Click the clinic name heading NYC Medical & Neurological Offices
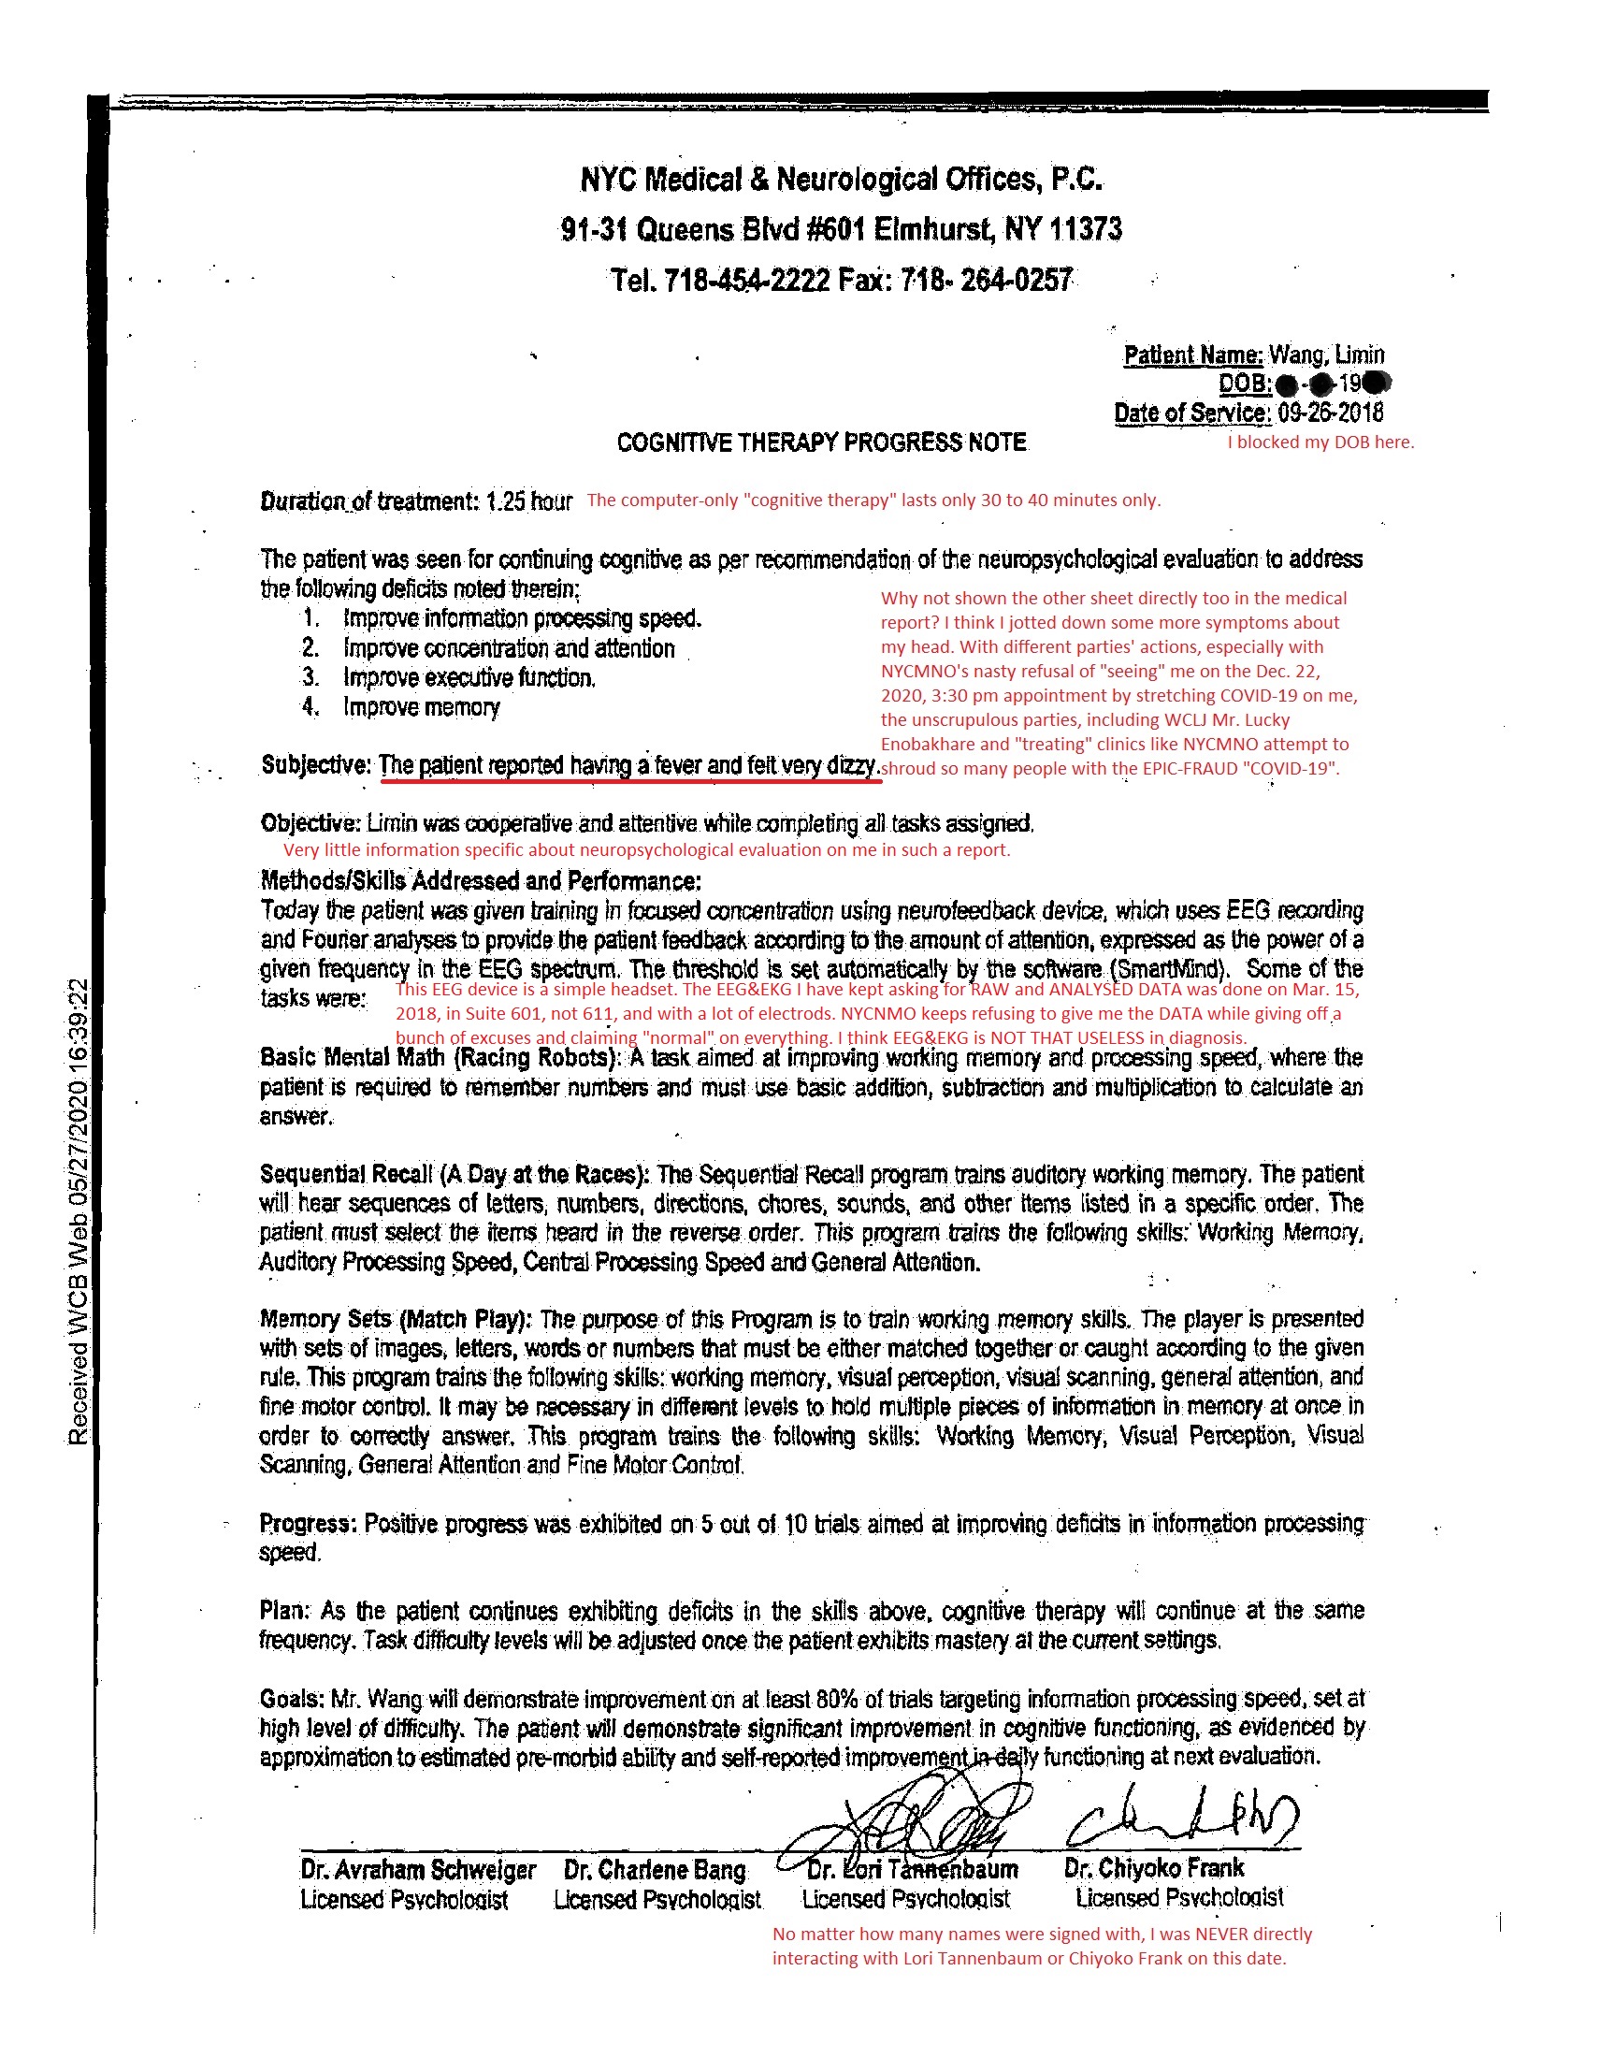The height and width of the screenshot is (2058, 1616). tap(840, 180)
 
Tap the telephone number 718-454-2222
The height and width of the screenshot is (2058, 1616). tap(746, 281)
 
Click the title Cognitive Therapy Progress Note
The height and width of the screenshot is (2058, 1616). tap(821, 442)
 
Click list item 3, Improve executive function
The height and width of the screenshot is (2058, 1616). tap(469, 678)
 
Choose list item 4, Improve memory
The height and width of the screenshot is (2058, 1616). tap(421, 708)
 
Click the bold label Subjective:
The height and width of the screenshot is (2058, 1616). tap(316, 765)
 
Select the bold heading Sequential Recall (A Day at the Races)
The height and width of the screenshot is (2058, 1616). tap(454, 1175)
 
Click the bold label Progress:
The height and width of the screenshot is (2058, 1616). tap(308, 1525)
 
